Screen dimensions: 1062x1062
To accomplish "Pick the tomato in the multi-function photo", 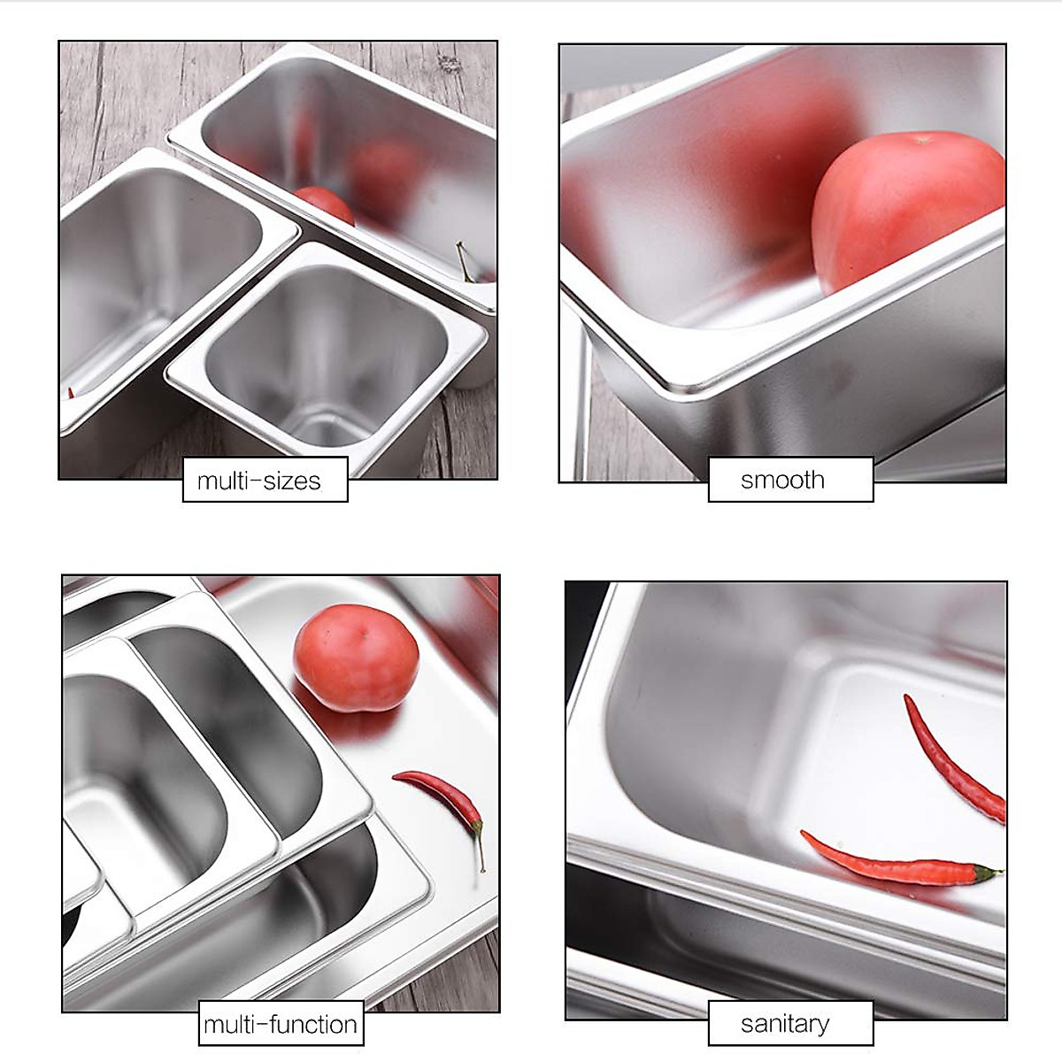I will coord(355,658).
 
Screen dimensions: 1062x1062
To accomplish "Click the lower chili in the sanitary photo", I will coord(894,863).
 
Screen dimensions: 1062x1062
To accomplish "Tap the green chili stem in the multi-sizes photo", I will coord(464,262).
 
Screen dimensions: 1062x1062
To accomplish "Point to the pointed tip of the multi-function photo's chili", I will coord(396,775).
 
